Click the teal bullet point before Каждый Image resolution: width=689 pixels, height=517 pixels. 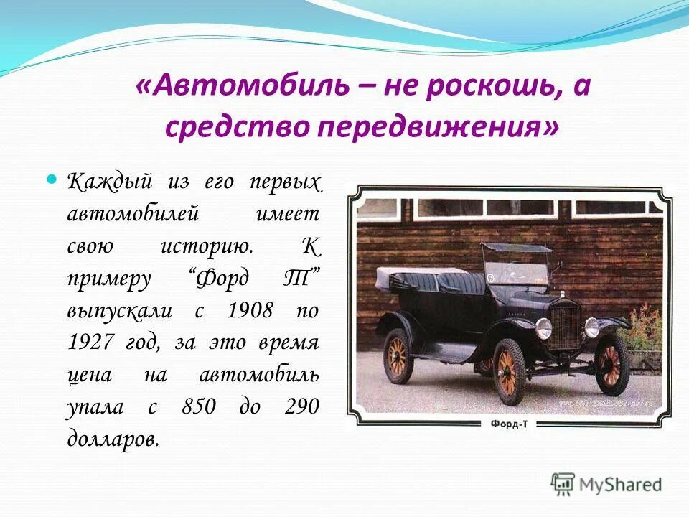51,177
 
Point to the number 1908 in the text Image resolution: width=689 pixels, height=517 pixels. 250,311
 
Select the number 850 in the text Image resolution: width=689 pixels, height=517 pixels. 200,407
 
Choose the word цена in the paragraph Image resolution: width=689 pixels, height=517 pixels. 90,375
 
